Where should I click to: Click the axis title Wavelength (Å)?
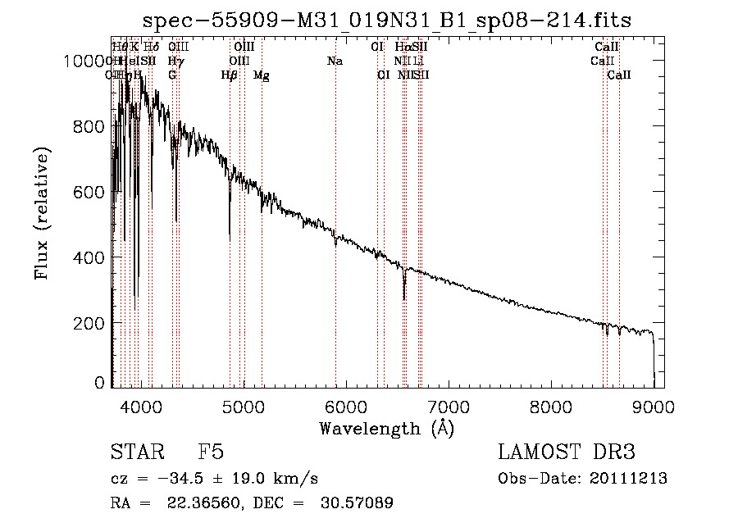(386, 428)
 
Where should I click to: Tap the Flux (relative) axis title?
(43, 213)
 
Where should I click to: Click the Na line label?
(335, 61)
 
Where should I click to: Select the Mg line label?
(262, 75)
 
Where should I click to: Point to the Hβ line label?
(230, 75)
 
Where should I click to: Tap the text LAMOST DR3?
(567, 452)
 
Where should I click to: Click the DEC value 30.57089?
(358, 503)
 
